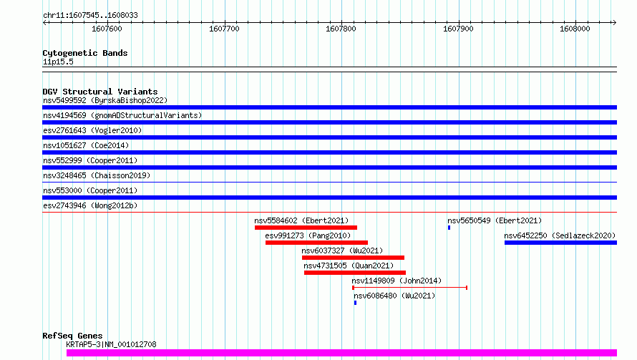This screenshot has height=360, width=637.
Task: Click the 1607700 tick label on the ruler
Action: (x=224, y=29)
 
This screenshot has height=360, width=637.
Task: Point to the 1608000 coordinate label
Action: (x=575, y=29)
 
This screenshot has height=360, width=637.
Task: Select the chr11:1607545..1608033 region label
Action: (x=91, y=16)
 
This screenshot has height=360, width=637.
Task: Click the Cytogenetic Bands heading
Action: (x=85, y=53)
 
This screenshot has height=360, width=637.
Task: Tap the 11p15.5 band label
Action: (x=58, y=62)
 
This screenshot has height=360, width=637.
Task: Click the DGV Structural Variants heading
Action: (x=100, y=92)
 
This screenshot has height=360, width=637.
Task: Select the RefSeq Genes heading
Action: (x=72, y=336)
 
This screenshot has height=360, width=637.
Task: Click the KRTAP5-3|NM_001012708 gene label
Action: (x=111, y=344)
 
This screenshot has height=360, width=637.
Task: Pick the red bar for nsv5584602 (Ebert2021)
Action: (x=306, y=228)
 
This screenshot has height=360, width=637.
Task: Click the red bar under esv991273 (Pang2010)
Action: (x=316, y=243)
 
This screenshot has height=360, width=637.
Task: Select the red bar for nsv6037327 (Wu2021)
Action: (x=353, y=258)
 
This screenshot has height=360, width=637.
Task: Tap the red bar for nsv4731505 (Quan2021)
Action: (x=355, y=273)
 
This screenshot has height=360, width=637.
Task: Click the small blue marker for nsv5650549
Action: (x=449, y=228)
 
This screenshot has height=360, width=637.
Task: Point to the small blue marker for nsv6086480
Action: (x=355, y=303)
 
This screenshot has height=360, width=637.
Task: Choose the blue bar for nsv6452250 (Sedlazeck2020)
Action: (x=560, y=243)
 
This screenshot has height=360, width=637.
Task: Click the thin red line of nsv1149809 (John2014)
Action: (x=410, y=288)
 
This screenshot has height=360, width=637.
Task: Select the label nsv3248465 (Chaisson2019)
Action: (x=97, y=175)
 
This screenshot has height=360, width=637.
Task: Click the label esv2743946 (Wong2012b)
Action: (x=90, y=205)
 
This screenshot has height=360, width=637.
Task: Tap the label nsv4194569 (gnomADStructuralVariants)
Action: (x=122, y=115)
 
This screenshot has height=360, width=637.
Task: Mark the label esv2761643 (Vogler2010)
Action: (x=92, y=130)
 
